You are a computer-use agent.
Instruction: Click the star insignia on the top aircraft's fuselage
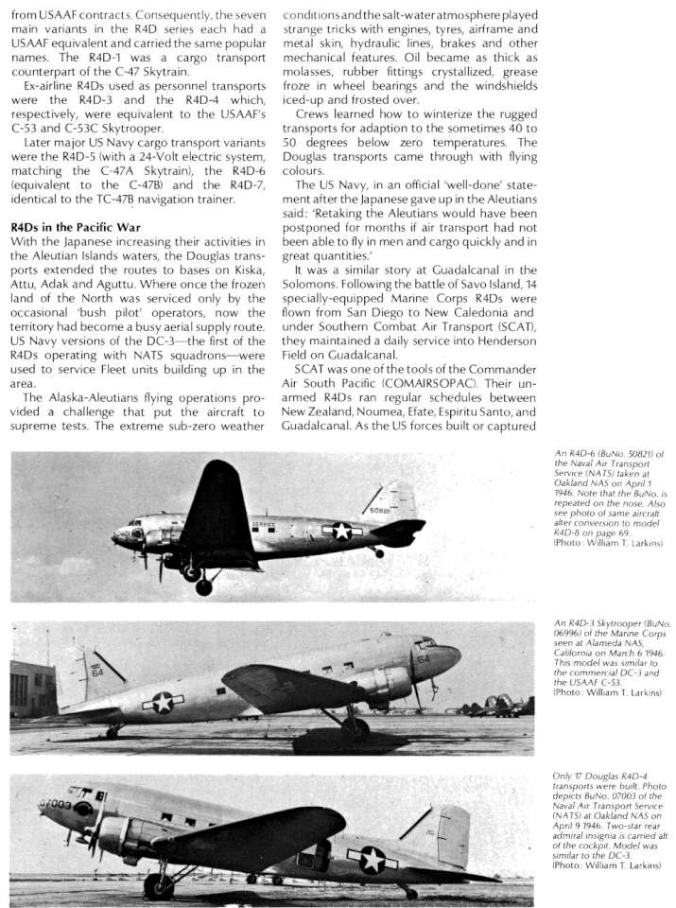point(341,532)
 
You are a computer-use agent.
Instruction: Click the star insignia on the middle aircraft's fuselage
point(163,703)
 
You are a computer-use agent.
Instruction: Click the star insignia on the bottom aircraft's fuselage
point(372,859)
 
